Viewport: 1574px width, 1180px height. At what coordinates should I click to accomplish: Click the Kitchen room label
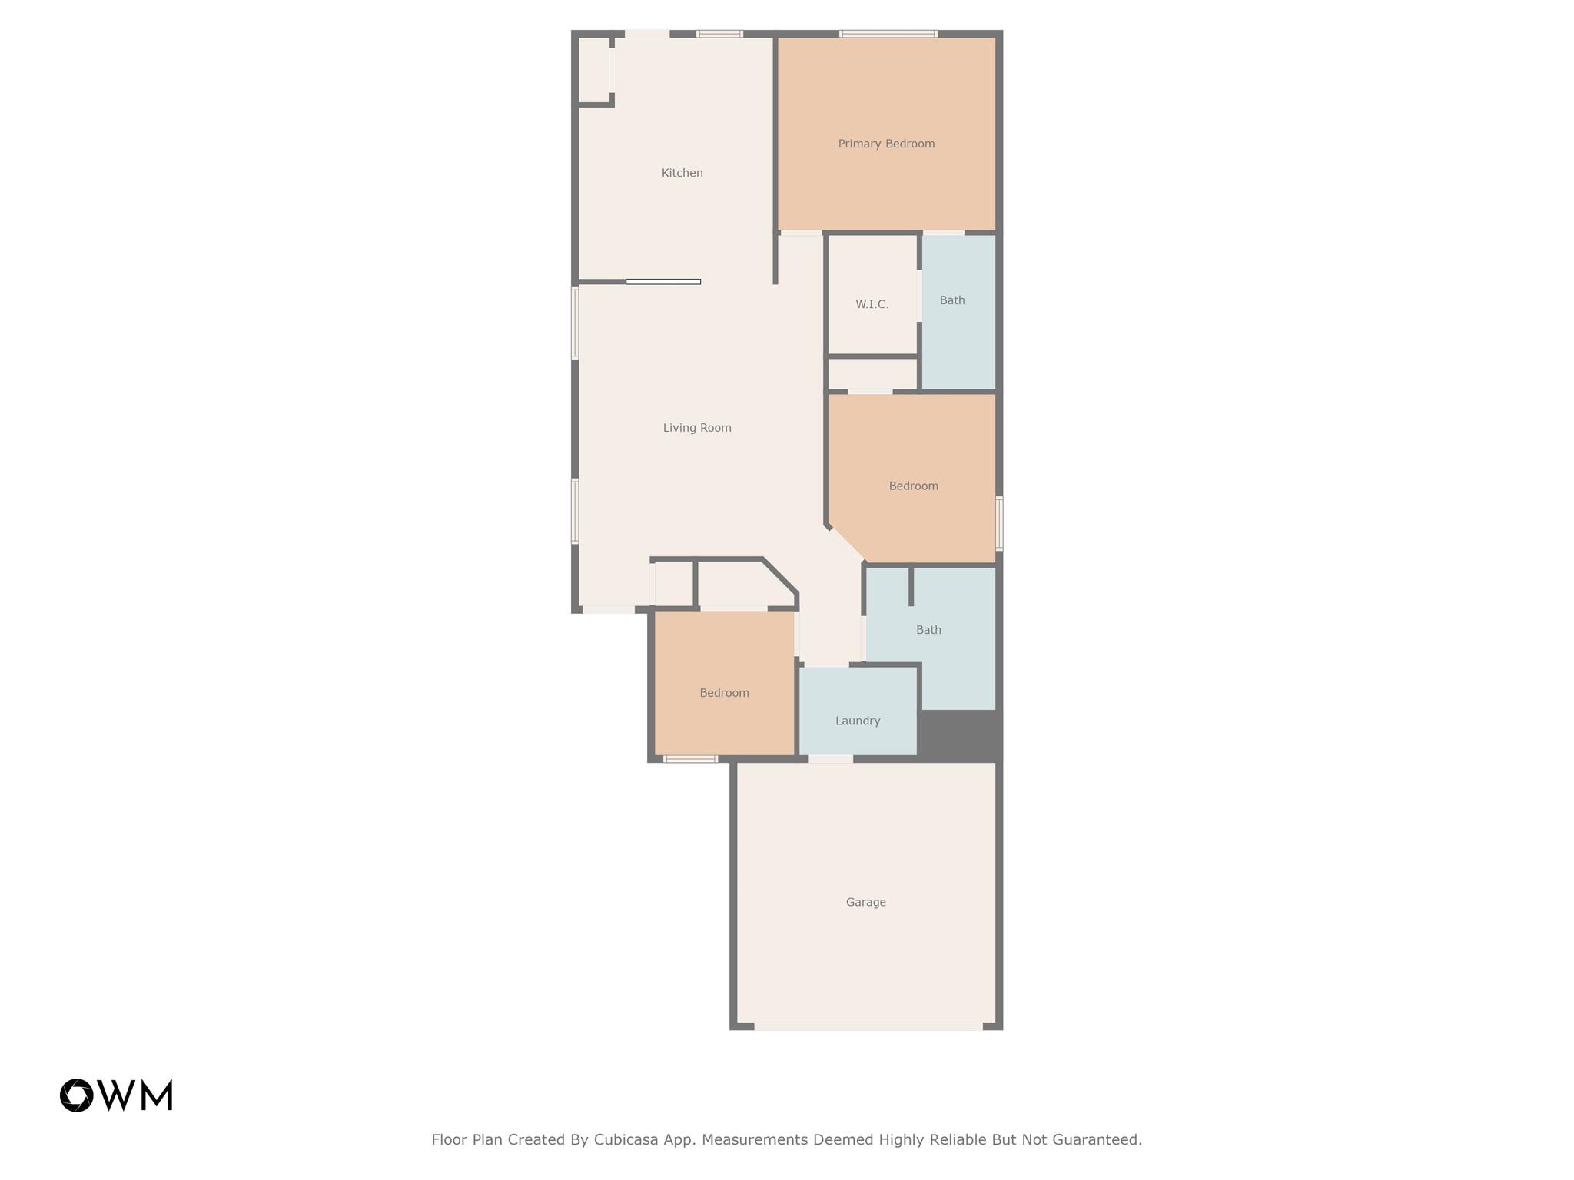[x=682, y=173]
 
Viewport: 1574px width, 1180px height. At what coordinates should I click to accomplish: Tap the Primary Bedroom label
[x=886, y=144]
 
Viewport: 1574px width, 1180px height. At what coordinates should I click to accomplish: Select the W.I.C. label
[x=872, y=304]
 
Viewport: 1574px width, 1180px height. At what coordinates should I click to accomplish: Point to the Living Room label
[x=697, y=428]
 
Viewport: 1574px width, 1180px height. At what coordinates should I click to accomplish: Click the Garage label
[x=865, y=902]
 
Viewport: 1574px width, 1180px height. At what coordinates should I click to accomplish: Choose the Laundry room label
[x=858, y=721]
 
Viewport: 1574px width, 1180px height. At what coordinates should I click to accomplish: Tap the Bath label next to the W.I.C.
[x=952, y=300]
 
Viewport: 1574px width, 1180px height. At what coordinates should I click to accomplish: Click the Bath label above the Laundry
[x=928, y=630]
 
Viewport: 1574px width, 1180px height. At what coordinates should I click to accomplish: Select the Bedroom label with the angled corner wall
[x=913, y=486]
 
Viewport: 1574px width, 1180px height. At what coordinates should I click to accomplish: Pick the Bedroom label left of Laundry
[x=724, y=693]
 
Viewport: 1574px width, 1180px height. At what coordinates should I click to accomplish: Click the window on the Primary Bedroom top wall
[x=888, y=34]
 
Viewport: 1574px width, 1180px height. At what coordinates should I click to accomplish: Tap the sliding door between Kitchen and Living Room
[x=663, y=282]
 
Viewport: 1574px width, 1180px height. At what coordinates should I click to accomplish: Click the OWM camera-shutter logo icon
[x=76, y=1095]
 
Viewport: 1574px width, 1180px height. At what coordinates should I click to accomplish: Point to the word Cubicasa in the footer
[x=626, y=1139]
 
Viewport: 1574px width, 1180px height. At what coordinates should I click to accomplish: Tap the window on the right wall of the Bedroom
[x=999, y=523]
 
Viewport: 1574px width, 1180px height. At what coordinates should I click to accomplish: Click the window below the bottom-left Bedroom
[x=690, y=759]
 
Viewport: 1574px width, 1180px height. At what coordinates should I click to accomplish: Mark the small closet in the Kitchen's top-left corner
[x=594, y=70]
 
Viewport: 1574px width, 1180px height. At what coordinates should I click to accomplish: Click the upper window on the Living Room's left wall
[x=574, y=323]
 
